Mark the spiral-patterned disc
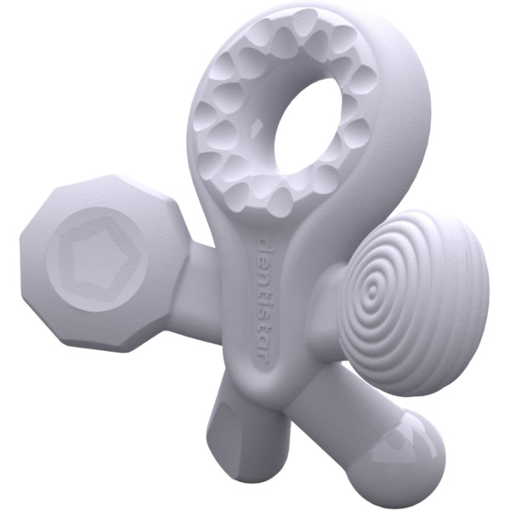click(391, 297)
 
